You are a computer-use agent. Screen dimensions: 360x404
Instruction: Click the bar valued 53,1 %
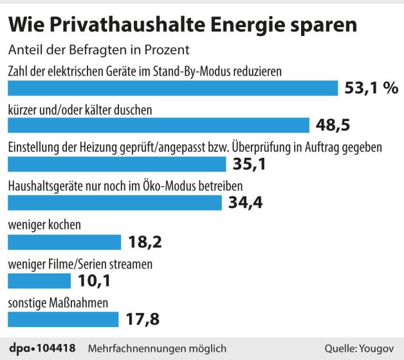click(x=172, y=88)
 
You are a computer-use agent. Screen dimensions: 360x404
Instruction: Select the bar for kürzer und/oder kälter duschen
click(x=158, y=125)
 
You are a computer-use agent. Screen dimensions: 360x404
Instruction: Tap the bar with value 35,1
click(x=116, y=164)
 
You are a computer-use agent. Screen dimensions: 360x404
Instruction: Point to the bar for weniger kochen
click(x=64, y=242)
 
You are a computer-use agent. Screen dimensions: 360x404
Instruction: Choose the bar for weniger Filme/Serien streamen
click(x=39, y=280)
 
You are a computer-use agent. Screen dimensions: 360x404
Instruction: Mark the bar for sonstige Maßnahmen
click(x=63, y=319)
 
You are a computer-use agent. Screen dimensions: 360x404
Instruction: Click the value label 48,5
click(x=333, y=125)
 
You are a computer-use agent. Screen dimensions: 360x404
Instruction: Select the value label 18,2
click(x=145, y=242)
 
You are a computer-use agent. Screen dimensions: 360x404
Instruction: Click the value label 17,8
click(x=142, y=319)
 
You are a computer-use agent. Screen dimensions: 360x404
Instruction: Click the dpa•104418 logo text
click(x=43, y=348)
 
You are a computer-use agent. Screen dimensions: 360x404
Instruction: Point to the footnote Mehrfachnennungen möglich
click(x=157, y=348)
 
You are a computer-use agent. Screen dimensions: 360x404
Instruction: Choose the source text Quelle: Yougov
click(x=358, y=348)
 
